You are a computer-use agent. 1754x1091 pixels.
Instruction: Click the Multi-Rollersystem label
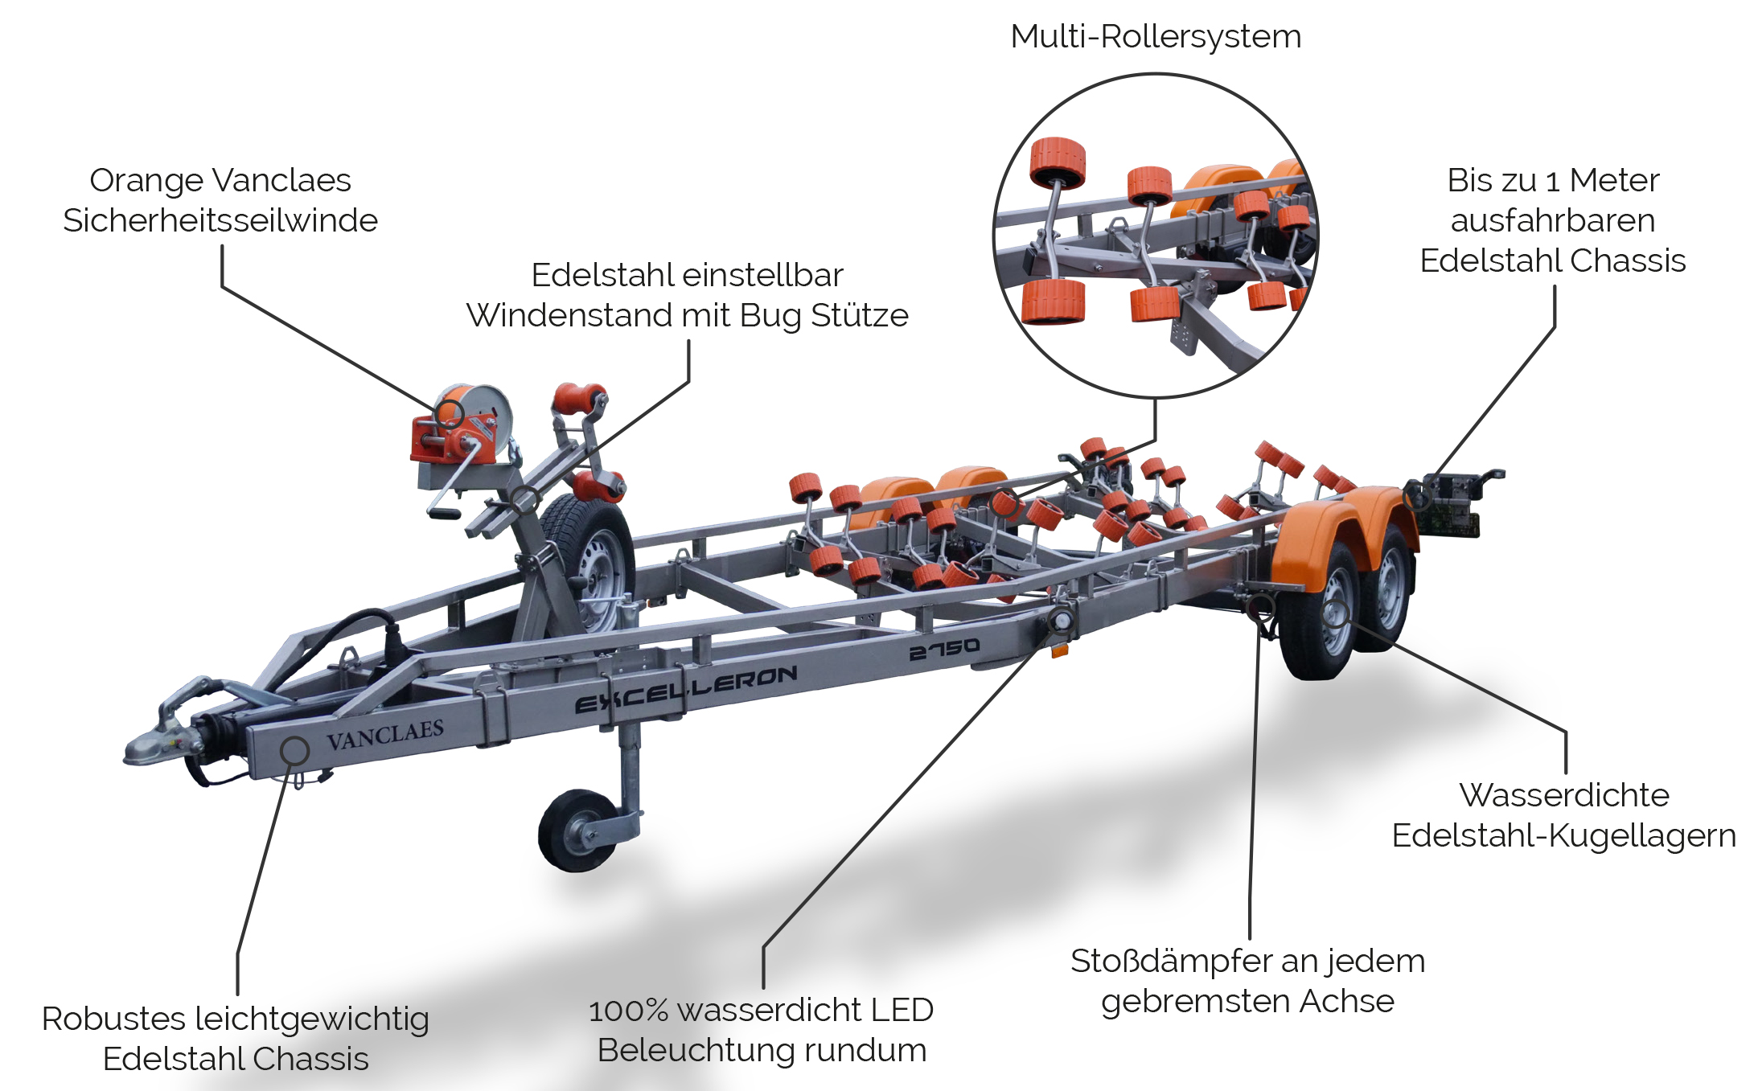1156,37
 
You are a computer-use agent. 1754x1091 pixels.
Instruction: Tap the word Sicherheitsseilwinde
220,220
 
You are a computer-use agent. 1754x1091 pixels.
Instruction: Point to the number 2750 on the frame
944,649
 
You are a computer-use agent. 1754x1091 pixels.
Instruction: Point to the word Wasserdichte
1564,795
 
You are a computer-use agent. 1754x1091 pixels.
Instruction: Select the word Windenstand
569,315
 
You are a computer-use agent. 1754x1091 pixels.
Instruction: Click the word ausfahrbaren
1553,220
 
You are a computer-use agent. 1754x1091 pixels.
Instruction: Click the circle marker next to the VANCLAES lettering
295,750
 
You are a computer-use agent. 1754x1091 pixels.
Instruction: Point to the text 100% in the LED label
628,1011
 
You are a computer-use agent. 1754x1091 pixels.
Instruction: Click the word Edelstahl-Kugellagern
1564,836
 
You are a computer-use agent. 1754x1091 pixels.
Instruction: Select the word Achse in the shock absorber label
1346,1001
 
